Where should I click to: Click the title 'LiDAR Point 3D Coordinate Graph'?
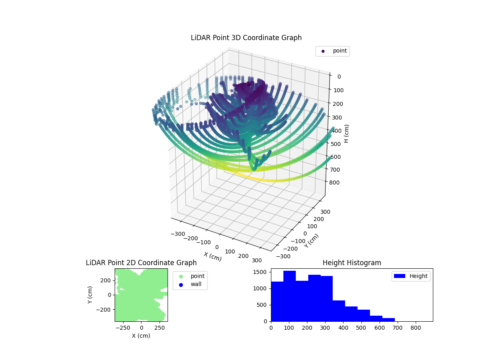point(246,38)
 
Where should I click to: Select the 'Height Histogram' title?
point(352,263)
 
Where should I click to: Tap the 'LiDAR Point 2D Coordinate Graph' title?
point(141,263)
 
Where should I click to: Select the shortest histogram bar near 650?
point(388,320)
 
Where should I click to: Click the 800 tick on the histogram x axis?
point(416,327)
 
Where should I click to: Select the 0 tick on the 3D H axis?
point(339,77)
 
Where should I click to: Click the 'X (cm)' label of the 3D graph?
point(212,256)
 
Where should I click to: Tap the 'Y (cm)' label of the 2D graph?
point(90,295)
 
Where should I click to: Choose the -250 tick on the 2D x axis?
point(123,327)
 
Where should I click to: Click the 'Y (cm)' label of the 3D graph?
point(311,241)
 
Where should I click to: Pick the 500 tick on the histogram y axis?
point(265,305)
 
